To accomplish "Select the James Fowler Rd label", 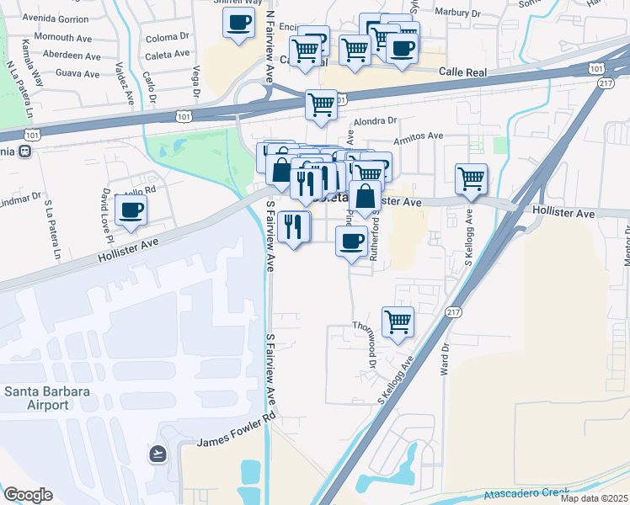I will [x=236, y=430].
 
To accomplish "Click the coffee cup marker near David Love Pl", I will [x=131, y=210].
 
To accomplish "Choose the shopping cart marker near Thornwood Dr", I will [x=398, y=321].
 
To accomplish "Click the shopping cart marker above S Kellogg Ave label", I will [x=471, y=178].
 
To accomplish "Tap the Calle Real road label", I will [x=462, y=73].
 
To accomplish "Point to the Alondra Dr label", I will [x=375, y=121].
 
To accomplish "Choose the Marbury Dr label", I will [x=458, y=13].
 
